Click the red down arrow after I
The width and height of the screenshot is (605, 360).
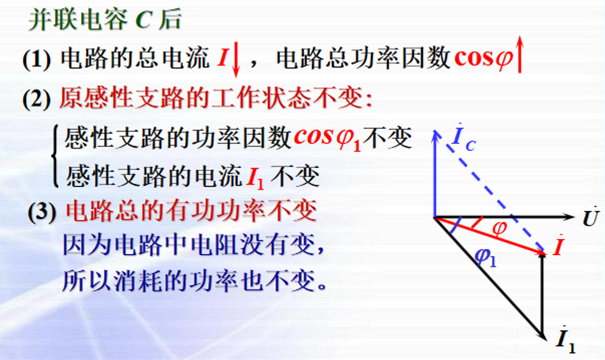(x=236, y=61)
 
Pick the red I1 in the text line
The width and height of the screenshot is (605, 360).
(x=255, y=178)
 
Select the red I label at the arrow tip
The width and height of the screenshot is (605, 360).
(x=558, y=247)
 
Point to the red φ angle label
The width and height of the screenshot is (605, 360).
(x=499, y=228)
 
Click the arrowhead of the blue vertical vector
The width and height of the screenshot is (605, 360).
(x=435, y=135)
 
